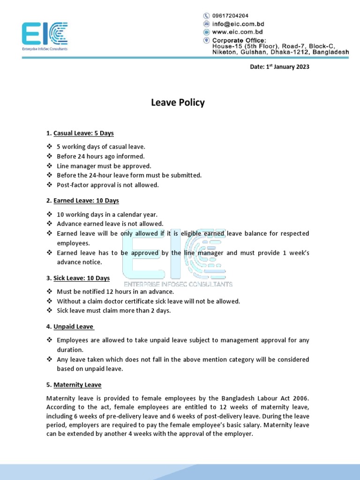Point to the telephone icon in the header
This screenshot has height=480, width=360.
coord(206,15)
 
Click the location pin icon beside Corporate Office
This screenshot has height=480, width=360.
coord(206,40)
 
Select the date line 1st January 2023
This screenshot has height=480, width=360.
coord(279,67)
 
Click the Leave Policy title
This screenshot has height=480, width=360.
coord(178,103)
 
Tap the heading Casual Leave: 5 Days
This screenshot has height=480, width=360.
coord(83,133)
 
